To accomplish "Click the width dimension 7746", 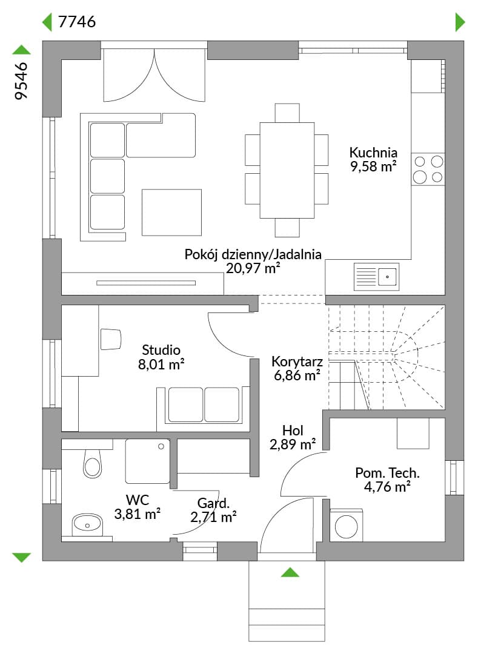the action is point(77,21).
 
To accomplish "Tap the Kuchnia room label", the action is point(373,152).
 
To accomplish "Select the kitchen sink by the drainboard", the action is point(387,277).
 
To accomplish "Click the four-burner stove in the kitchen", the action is point(428,169).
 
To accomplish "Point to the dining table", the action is point(287,170).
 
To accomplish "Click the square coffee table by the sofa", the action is point(171,213).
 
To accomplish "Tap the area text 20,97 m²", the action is point(253,268).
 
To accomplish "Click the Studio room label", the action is point(161,349).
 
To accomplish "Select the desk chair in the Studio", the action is point(110,339).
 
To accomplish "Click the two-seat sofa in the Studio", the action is point(204,408).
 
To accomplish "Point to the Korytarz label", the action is point(297,361).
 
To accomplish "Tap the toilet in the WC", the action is point(92,463).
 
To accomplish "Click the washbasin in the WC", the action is point(87,524).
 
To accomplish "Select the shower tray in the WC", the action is point(147,461).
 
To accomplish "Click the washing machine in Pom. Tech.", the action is point(347,525).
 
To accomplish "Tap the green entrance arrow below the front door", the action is point(290,572).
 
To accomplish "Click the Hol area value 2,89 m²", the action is point(293,444).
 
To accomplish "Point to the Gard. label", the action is point(213,503).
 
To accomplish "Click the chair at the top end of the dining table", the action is point(287,113).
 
